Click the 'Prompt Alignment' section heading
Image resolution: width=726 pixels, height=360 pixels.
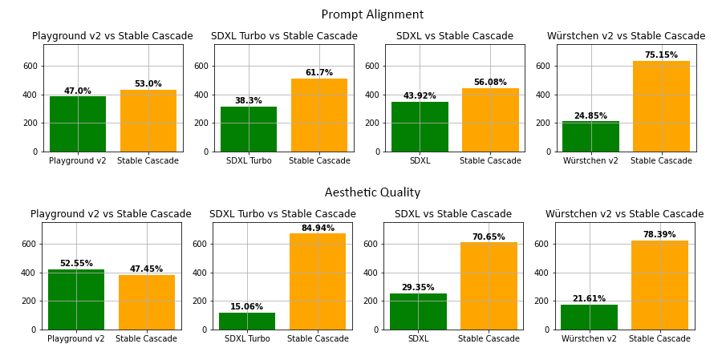coord(372,15)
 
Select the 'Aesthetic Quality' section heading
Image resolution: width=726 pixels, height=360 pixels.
coord(372,193)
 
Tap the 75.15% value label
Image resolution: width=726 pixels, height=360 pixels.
coord(660,55)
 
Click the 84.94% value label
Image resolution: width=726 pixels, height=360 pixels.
coord(318,229)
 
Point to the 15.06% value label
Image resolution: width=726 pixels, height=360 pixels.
coord(246,307)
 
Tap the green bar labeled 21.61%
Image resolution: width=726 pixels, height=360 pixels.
coord(589,317)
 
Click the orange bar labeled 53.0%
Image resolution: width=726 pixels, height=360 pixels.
coord(148,120)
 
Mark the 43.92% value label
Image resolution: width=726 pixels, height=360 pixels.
coord(420,96)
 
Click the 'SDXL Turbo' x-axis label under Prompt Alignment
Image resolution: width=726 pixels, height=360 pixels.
coord(249,161)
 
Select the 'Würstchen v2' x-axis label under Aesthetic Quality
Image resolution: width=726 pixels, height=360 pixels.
coord(589,339)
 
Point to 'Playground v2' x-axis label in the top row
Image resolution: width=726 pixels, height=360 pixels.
coord(78,161)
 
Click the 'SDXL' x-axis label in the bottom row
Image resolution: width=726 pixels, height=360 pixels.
coord(418,339)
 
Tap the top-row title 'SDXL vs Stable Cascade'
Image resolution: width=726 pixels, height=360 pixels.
coord(455,36)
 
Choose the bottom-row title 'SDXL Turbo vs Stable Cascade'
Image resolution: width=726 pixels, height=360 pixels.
coord(282,214)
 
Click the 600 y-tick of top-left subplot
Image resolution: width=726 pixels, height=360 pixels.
coord(30,66)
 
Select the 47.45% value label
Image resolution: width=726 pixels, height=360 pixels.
coord(146,269)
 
